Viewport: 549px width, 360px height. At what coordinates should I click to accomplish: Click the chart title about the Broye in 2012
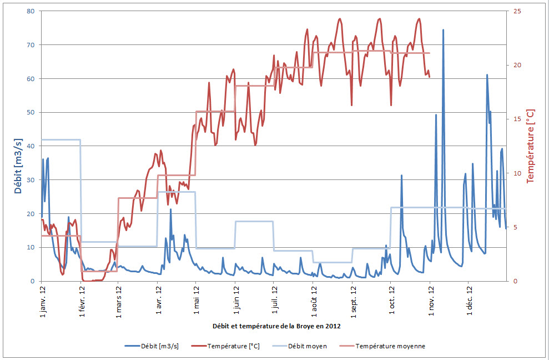(x=275, y=326)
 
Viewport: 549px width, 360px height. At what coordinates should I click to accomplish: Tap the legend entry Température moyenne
(x=390, y=346)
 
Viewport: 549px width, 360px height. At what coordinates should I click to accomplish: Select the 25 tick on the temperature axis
(x=517, y=11)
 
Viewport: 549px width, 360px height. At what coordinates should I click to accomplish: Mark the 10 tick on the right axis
(x=517, y=173)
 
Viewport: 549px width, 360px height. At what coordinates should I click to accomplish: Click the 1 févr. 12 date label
(x=81, y=300)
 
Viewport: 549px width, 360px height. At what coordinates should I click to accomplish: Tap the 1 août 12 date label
(x=313, y=300)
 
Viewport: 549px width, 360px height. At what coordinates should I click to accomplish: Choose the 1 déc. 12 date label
(x=469, y=300)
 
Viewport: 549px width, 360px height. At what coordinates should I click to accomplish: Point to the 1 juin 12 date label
(x=235, y=300)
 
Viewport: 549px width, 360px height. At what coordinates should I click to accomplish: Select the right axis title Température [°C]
(x=531, y=146)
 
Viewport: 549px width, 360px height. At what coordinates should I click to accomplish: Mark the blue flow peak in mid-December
(x=487, y=75)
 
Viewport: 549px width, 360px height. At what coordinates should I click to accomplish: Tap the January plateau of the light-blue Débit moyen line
(x=61, y=139)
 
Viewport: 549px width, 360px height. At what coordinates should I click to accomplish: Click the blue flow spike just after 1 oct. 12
(x=401, y=176)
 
